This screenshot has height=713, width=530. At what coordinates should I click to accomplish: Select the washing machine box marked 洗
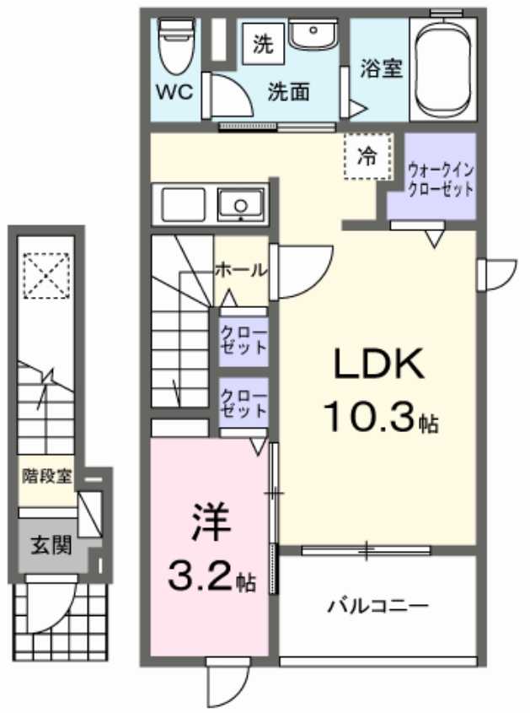pyautogui.click(x=263, y=45)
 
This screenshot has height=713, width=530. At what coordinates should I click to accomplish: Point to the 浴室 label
pyautogui.click(x=381, y=69)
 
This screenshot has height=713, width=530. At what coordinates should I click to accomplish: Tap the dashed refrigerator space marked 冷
pyautogui.click(x=368, y=157)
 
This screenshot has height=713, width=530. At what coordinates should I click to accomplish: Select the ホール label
pyautogui.click(x=241, y=271)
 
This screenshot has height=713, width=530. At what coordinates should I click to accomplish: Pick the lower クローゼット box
pyautogui.click(x=244, y=402)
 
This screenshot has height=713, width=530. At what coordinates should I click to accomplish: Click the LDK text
pyautogui.click(x=377, y=365)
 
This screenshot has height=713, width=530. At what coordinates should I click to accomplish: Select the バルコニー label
pyautogui.click(x=378, y=605)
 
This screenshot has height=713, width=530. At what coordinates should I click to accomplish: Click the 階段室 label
pyautogui.click(x=47, y=476)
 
